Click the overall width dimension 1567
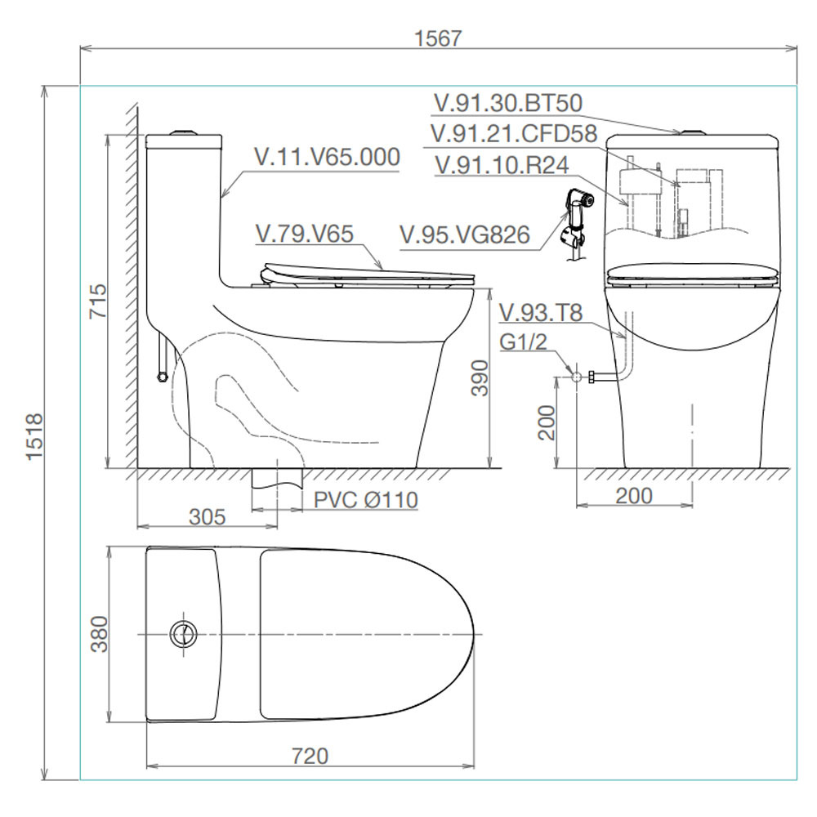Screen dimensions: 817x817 coord(438,38)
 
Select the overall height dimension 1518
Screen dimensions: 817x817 coord(34,436)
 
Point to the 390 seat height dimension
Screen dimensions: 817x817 coord(480,377)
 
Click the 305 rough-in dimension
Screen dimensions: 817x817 coord(208,517)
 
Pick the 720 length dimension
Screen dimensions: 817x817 coord(310,756)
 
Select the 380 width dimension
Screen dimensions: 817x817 coord(99,634)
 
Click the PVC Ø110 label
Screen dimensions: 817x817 coord(366,500)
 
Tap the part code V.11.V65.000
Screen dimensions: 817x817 coord(328,157)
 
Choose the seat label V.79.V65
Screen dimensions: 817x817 coord(305,234)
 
